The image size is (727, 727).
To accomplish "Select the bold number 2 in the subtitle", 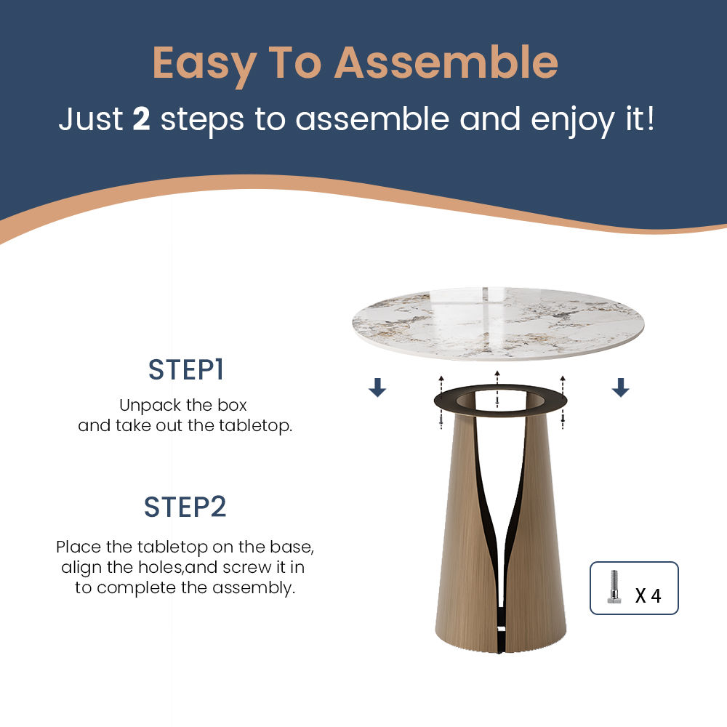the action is pos(142,119).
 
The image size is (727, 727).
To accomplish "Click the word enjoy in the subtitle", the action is pos(572,121).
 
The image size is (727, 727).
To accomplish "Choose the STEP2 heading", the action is pos(185,507).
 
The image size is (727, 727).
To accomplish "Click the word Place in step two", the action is pos(79,547).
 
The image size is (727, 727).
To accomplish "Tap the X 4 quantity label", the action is pos(648,595).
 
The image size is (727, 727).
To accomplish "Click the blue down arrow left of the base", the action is pos(377,387).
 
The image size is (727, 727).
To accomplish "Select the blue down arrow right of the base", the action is pos(620,387).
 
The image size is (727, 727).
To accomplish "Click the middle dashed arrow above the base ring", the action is pos(497,390).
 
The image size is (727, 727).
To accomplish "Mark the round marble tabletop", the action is pos(498,324).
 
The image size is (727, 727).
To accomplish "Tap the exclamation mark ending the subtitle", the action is pos(651,119).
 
